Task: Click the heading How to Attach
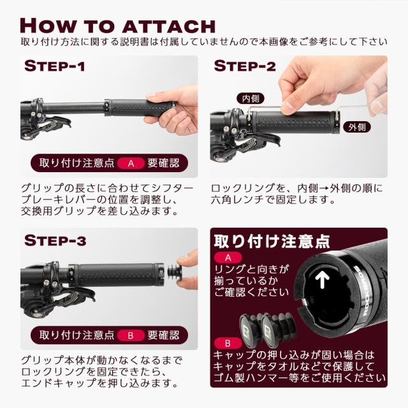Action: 117,25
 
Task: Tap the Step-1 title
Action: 55,66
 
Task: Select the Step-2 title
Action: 245,66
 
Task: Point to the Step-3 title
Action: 55,240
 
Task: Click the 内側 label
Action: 251,99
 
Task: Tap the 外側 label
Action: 357,127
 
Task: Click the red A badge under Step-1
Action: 131,163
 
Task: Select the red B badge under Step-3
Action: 131,335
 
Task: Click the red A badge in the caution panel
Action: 228,258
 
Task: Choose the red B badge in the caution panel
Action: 228,344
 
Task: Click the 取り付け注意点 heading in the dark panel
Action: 272,241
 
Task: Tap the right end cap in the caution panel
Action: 276,328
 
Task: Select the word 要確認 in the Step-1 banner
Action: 163,163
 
